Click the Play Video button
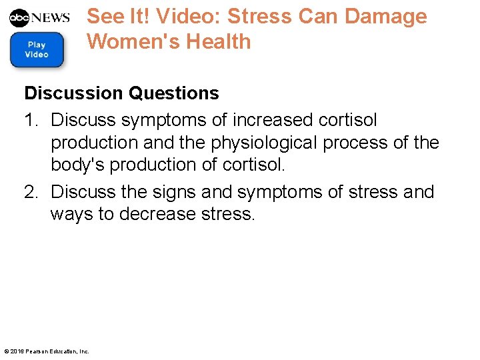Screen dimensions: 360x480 tap(37, 50)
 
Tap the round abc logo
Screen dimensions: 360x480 tap(20, 17)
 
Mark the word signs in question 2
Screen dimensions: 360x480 tap(169, 192)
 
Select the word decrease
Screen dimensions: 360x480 tap(156, 215)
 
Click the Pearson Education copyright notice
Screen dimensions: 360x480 tap(47, 351)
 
